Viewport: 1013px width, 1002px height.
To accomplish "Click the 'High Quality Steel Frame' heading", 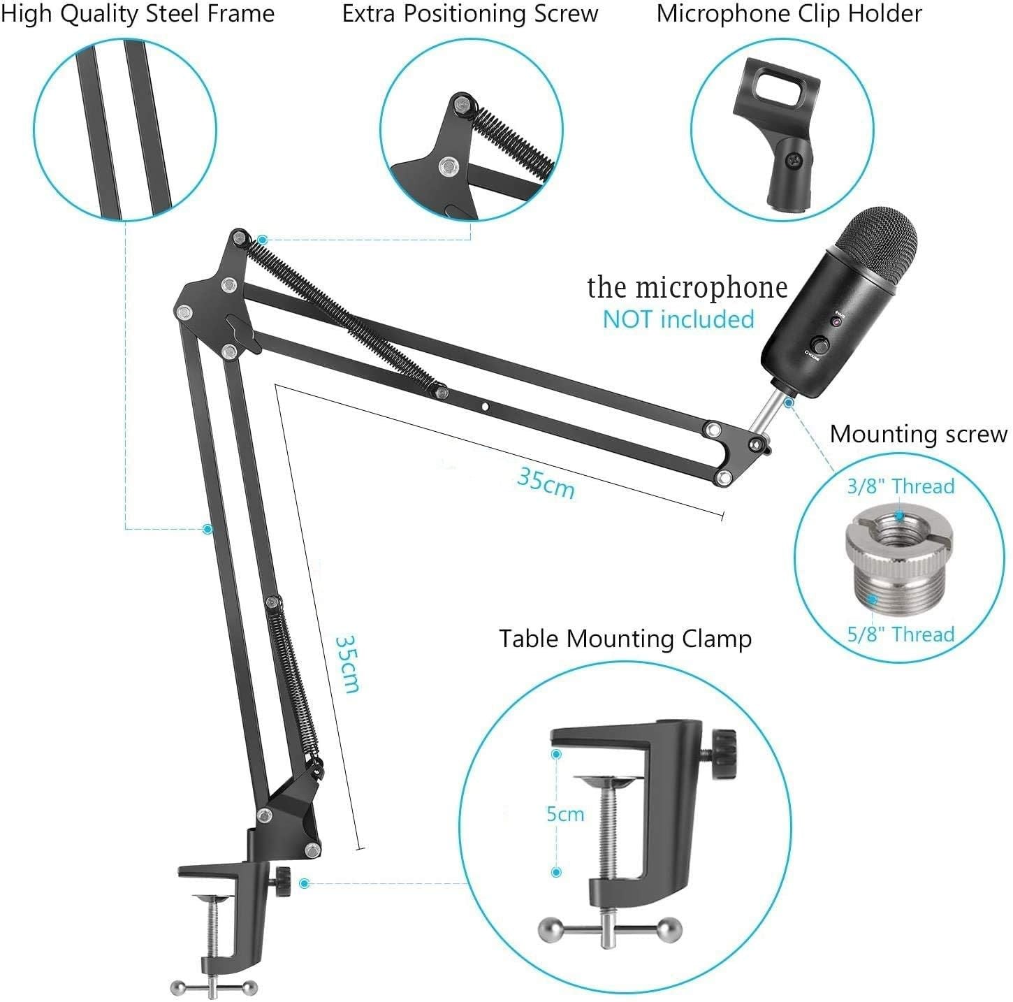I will point(138,14).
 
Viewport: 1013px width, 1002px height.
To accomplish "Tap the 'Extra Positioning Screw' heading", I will point(470,14).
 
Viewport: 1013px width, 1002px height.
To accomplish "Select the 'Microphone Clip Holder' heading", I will point(789,14).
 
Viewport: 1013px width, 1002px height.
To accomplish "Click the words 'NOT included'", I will point(678,319).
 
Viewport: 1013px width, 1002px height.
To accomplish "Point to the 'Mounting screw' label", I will point(918,434).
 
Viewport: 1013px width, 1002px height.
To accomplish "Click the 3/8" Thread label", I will point(901,486).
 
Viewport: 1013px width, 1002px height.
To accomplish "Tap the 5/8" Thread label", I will point(901,634).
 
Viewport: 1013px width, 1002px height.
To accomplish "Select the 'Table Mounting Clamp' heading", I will point(625,639).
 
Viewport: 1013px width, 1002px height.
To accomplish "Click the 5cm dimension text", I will point(565,814).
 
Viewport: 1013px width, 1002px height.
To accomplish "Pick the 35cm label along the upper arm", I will point(546,482).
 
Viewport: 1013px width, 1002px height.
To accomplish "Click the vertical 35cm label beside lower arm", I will point(347,663).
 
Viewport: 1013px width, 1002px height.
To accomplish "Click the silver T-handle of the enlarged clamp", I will point(610,927).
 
